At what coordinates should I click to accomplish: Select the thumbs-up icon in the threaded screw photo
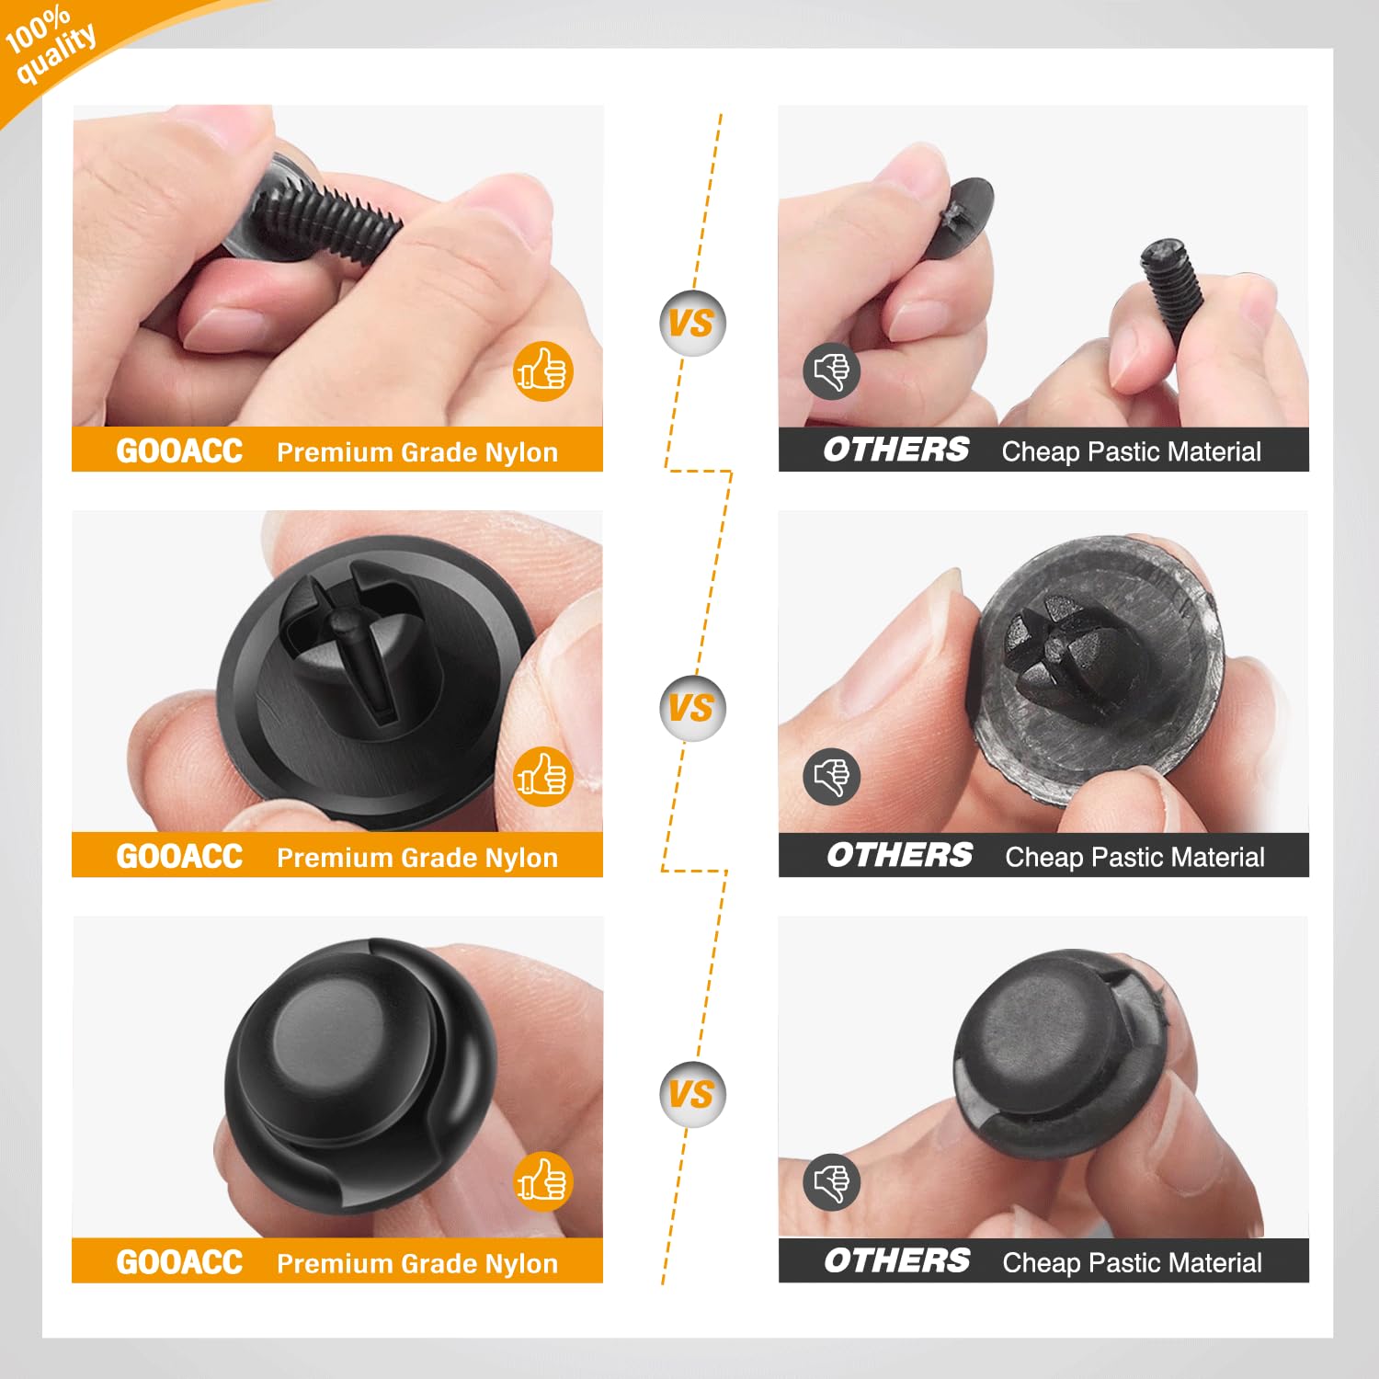click(542, 371)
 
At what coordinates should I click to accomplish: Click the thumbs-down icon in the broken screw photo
click(832, 371)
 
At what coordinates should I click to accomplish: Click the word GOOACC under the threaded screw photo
click(179, 450)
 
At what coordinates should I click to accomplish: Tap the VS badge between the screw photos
click(692, 323)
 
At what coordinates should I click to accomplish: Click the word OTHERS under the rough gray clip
click(899, 856)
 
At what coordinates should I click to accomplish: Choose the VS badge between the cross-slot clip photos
click(692, 708)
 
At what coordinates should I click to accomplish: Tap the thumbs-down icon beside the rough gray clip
click(832, 777)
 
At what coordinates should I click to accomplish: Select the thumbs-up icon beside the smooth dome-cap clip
click(542, 1181)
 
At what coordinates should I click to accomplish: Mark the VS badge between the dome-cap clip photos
click(692, 1094)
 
